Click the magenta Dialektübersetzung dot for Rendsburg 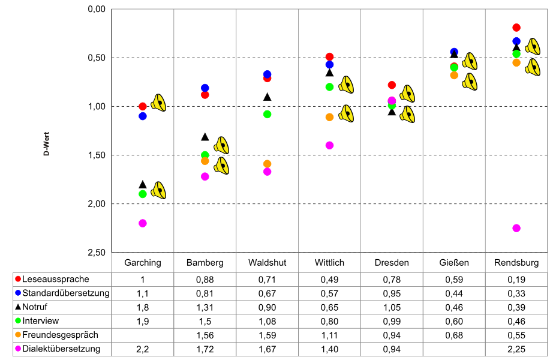(x=516, y=228)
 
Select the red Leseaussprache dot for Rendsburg (x=516, y=28)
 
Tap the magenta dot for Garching (x=143, y=223)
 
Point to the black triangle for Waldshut (x=268, y=97)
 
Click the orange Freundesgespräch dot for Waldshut (x=268, y=164)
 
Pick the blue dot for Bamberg (x=205, y=88)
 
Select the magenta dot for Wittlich (x=329, y=145)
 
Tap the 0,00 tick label (x=97, y=10)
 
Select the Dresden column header (x=392, y=263)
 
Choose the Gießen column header (x=454, y=263)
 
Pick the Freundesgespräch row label (x=59, y=335)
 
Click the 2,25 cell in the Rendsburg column (x=516, y=349)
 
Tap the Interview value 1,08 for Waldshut (x=268, y=321)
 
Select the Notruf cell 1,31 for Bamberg (x=205, y=307)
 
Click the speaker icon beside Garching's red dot (x=159, y=103)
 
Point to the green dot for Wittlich (x=329, y=87)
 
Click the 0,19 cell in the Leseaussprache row (x=516, y=279)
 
